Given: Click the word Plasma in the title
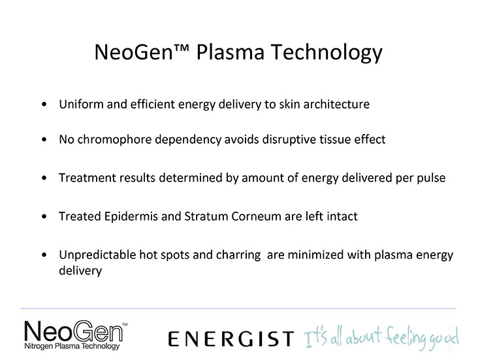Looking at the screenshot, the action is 230,52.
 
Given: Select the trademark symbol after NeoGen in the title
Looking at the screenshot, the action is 182,48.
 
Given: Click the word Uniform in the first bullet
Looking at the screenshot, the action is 81,104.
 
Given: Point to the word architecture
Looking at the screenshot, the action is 336,104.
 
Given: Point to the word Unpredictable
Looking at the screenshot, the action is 98,255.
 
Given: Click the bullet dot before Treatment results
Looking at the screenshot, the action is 44,178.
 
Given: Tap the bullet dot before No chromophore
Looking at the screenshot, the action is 44,140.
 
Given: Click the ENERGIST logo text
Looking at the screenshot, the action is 231,339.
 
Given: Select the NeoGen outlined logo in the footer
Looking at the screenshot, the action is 74,331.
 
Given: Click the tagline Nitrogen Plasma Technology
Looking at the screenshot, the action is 72,346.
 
